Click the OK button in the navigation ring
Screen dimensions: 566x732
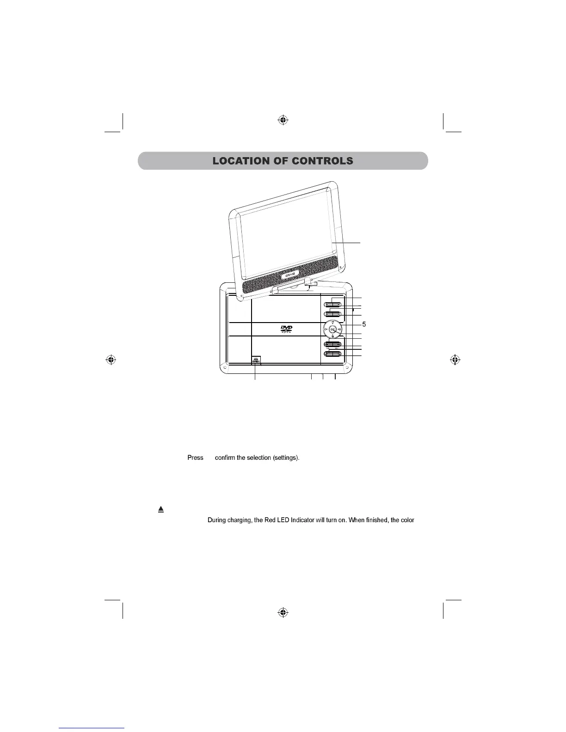(332, 329)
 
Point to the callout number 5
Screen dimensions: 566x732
(364, 324)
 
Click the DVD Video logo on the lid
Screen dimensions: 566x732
(287, 329)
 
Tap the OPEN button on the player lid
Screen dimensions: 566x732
(256, 360)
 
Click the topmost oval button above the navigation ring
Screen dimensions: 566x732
(332, 305)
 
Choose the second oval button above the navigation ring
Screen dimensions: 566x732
(332, 315)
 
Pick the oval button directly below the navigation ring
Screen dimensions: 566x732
(332, 344)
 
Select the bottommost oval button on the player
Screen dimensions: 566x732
(332, 354)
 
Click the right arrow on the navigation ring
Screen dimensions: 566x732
(340, 329)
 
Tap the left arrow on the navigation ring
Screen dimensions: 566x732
(325, 329)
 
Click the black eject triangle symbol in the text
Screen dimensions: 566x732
(161, 509)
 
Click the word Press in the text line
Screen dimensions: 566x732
(195, 458)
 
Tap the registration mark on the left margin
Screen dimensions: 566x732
(110, 359)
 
